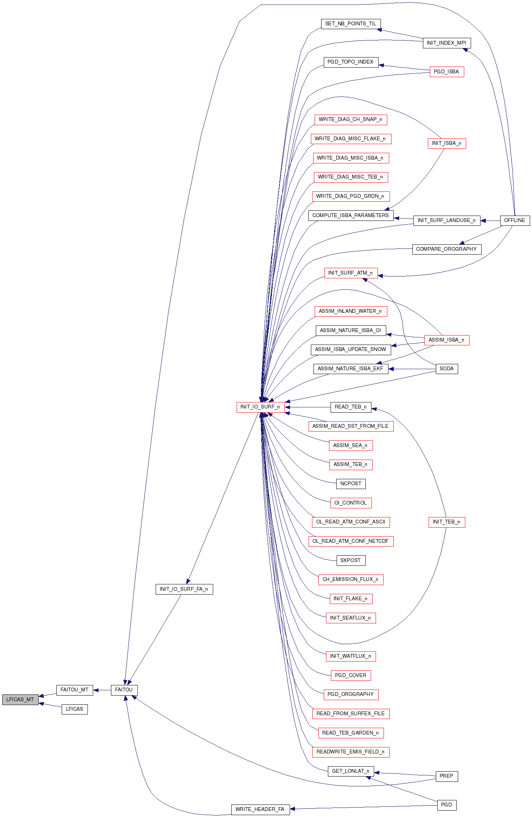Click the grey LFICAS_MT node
click(20, 700)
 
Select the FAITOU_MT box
click(75, 690)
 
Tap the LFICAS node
click(75, 709)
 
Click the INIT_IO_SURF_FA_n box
click(184, 589)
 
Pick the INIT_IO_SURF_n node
click(260, 407)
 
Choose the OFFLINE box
click(515, 221)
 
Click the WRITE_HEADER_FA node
click(260, 809)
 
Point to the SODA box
click(446, 369)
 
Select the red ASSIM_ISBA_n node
click(446, 340)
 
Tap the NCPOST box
click(351, 484)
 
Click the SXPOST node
click(351, 561)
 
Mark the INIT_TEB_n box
click(446, 522)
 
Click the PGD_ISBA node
click(446, 72)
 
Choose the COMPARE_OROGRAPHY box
click(446, 249)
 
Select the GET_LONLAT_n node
click(351, 771)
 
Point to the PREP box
click(446, 776)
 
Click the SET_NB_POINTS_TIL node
click(351, 24)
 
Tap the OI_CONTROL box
click(351, 503)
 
